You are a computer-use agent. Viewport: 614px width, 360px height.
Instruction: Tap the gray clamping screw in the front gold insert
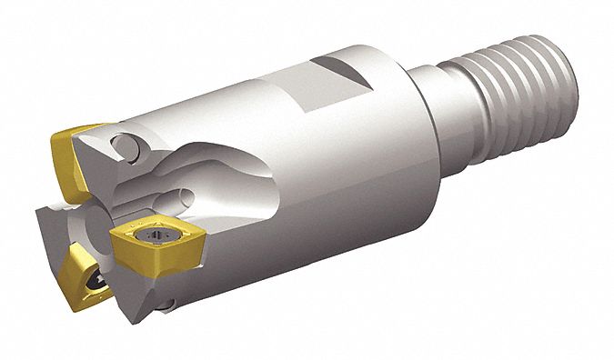149,241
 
